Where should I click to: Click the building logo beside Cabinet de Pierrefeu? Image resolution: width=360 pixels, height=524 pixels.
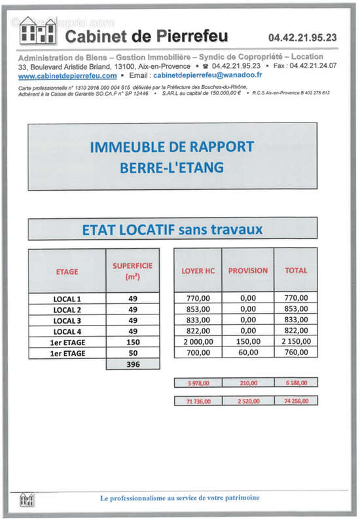coord(37,31)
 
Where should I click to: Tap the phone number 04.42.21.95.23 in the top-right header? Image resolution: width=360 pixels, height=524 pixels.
coord(302,38)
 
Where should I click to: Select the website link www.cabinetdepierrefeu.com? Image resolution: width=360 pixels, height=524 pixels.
coord(63,77)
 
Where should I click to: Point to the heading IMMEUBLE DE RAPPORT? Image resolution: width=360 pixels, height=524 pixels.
coord(172,147)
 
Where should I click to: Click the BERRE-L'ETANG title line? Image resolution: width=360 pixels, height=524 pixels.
coord(172,168)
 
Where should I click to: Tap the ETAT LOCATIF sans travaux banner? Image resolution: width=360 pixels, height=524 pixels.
coord(172,229)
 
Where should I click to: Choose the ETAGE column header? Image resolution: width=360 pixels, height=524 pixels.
coord(67,271)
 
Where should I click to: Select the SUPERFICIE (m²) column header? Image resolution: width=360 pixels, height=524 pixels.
coord(133,271)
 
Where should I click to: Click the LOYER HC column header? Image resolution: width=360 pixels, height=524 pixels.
coord(198,270)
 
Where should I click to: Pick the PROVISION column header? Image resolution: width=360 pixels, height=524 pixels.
coord(247,270)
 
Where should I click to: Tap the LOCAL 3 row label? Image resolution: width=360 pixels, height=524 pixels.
coord(67,320)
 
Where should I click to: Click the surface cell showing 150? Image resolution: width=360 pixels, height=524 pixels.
coord(133,342)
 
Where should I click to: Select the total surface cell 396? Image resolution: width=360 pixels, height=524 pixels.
coord(133,364)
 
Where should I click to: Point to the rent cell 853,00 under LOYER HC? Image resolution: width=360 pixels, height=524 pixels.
coord(198,309)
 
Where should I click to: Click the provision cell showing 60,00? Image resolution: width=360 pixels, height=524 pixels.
coord(247,353)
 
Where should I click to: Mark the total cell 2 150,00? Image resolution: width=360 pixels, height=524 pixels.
coord(296,342)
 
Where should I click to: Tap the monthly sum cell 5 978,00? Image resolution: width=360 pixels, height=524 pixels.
coord(198,382)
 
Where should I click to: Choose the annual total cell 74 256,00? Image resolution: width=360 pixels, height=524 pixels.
coord(296,400)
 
